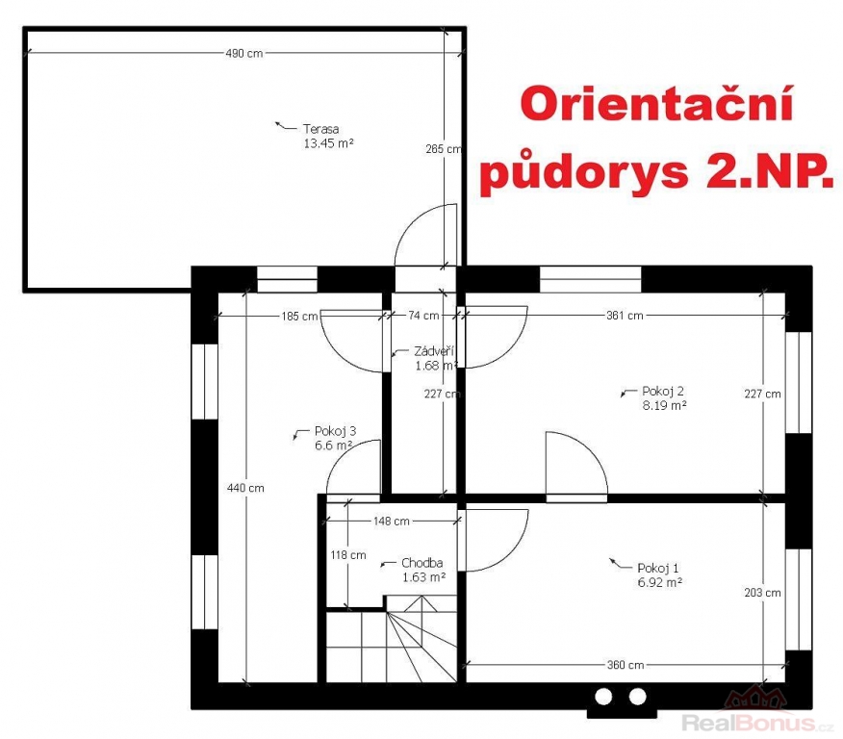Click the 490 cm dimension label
pos(244,53)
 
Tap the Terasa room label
pos(321,129)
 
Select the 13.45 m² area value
pos(328,143)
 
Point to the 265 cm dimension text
pos(444,149)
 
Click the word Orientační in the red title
pos(656,104)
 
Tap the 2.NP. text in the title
pos(770,172)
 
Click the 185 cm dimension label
pos(299,316)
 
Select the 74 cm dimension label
pos(423,316)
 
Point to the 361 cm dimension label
pos(625,316)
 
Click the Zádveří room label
pos(434,351)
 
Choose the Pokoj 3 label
pos(336,431)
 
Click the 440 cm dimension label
pos(245,488)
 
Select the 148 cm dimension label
pos(392,521)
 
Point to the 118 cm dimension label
pos(348,554)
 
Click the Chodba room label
pos(422,563)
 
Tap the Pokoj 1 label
pos(658,568)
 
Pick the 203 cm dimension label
pos(762,593)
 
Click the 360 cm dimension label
pos(626,665)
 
